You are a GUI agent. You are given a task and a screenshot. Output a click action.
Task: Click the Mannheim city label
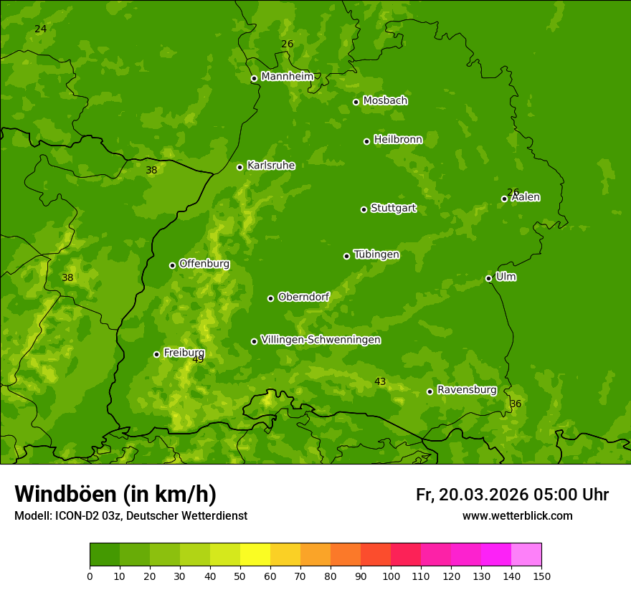(x=287, y=76)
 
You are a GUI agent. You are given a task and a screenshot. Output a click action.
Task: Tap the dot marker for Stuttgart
(x=364, y=209)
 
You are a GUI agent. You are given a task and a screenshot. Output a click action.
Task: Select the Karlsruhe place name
(x=270, y=166)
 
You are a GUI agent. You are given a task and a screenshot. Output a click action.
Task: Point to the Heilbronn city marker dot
(x=366, y=141)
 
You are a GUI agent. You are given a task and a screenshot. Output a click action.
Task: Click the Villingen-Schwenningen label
(x=321, y=340)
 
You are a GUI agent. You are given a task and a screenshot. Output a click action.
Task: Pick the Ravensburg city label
(x=466, y=390)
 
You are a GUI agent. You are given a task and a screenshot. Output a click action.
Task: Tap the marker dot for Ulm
(x=488, y=278)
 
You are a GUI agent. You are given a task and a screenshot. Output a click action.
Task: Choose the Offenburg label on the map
(x=204, y=264)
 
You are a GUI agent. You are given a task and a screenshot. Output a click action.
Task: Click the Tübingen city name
(x=376, y=254)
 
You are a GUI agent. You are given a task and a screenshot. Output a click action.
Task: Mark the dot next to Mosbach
(x=356, y=102)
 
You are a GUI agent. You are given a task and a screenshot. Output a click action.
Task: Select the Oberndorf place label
(x=303, y=297)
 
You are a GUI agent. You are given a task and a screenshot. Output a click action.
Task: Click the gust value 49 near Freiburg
(x=198, y=359)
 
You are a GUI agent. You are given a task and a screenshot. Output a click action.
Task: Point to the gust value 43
(x=380, y=382)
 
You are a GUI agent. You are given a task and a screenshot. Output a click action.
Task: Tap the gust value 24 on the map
(x=41, y=29)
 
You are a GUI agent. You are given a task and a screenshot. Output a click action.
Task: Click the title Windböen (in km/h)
(x=115, y=494)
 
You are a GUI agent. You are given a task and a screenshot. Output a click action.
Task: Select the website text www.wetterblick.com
(x=517, y=516)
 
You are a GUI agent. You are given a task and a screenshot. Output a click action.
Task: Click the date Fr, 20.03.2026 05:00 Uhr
(x=512, y=495)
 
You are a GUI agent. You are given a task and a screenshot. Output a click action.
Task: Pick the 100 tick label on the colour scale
(x=391, y=576)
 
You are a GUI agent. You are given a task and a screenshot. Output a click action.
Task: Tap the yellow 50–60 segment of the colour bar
(x=255, y=555)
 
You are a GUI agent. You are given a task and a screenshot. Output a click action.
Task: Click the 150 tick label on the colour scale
(x=541, y=576)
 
